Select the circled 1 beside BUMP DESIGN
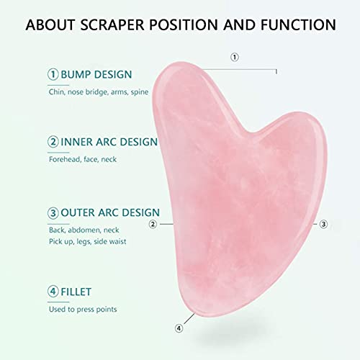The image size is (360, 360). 53,73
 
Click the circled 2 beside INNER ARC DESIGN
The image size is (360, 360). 53,142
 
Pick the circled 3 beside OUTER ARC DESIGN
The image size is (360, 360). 53,212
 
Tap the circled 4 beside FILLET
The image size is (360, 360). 53,292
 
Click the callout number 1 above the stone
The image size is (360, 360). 234,57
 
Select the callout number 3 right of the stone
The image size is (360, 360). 323,224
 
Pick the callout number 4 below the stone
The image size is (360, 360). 179,328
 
